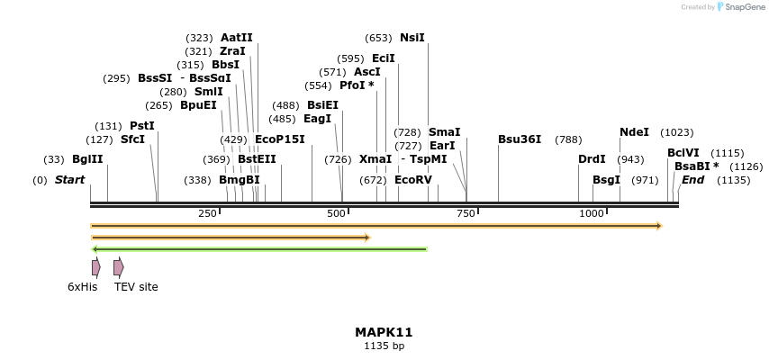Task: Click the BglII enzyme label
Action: (87, 159)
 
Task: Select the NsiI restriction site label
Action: (412, 38)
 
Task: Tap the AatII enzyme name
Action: (236, 38)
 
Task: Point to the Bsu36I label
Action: (520, 139)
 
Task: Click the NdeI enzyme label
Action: (634, 132)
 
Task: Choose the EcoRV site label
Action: (413, 180)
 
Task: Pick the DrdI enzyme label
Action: (592, 159)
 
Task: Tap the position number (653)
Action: (378, 38)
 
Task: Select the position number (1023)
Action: (677, 132)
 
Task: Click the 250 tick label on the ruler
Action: (207, 213)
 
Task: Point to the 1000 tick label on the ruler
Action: (592, 213)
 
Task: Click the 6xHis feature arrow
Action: (95, 267)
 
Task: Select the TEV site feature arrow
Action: (118, 267)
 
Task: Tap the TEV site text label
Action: (136, 287)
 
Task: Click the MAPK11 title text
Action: (384, 332)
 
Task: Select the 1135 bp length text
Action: (384, 346)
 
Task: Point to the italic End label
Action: (692, 180)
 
